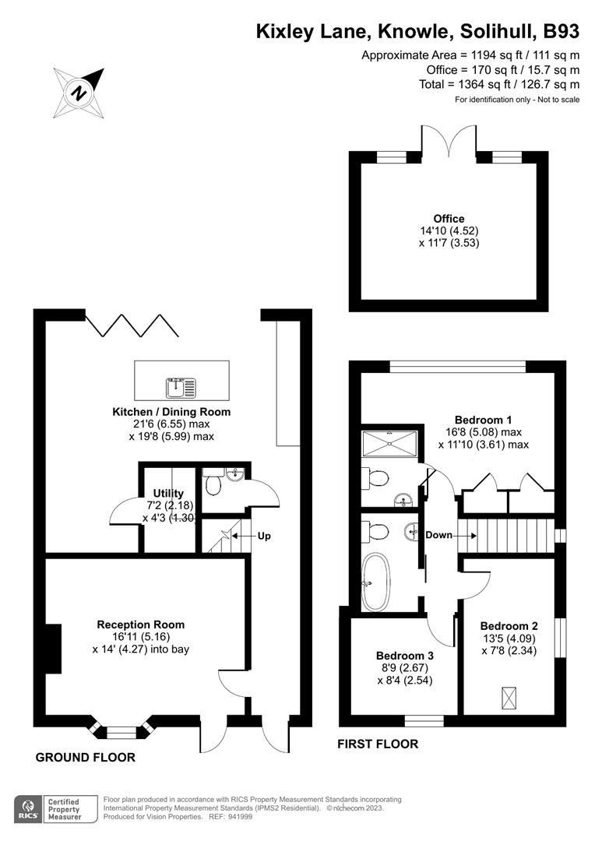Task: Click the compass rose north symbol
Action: click(x=79, y=93)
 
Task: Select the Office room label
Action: click(x=449, y=219)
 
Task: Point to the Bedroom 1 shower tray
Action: click(x=391, y=445)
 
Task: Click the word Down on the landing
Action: click(x=438, y=536)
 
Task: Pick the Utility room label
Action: click(x=168, y=494)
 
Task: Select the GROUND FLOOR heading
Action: click(x=86, y=758)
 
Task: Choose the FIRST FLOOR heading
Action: click(x=378, y=744)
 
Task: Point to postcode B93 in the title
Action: click(x=561, y=32)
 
